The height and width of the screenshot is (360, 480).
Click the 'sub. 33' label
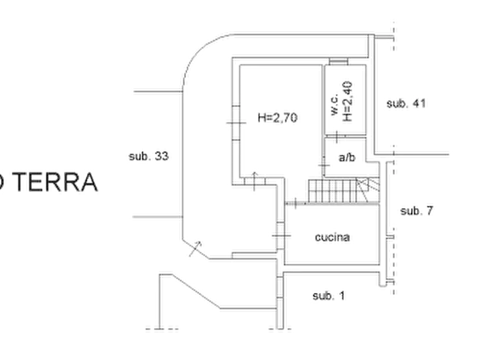tap(149, 156)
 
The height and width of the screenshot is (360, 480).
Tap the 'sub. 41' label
tap(406, 104)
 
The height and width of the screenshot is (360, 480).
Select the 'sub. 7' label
tap(417, 211)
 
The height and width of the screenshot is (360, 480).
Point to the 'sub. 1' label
tap(328, 296)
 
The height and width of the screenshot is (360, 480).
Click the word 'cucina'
tap(332, 237)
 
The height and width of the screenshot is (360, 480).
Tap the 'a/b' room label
tap(347, 157)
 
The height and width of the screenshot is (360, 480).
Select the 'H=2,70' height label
tap(277, 118)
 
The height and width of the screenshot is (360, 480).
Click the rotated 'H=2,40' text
tap(347, 102)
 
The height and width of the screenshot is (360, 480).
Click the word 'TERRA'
tap(56, 182)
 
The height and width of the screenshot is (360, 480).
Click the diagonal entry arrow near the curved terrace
tap(195, 249)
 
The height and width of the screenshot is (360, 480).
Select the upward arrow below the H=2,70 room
tap(254, 182)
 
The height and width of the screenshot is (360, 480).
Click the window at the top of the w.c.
tap(338, 62)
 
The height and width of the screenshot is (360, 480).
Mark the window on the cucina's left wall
tap(281, 235)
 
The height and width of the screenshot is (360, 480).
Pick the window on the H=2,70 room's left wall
tap(236, 123)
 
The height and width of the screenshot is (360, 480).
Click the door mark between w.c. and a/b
tap(336, 137)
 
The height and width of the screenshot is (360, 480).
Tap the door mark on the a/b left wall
tap(324, 165)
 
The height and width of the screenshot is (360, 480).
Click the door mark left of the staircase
tap(296, 203)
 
